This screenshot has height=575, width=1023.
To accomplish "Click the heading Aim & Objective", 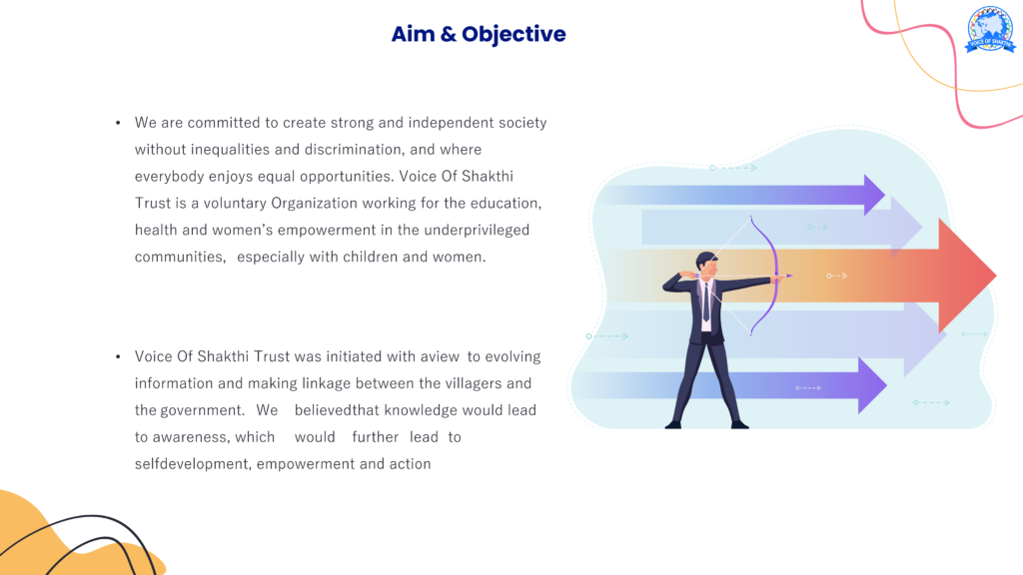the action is pos(479,35).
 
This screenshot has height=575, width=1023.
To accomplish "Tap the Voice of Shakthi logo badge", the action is pos(990,29).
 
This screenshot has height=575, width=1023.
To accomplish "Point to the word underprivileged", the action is pos(477,231).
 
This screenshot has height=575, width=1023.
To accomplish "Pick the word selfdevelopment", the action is pos(193,464).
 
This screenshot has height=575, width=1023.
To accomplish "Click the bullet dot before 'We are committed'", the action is pos(118,123).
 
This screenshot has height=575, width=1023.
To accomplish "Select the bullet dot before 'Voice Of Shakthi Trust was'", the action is pos(118,356).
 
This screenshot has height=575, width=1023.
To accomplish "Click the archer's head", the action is pos(707,264).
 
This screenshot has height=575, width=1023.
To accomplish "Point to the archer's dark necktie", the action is pos(706,301).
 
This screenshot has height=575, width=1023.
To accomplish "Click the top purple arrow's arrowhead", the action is pos(874,195).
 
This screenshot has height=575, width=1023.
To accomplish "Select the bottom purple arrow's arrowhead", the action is pos(871,385).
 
